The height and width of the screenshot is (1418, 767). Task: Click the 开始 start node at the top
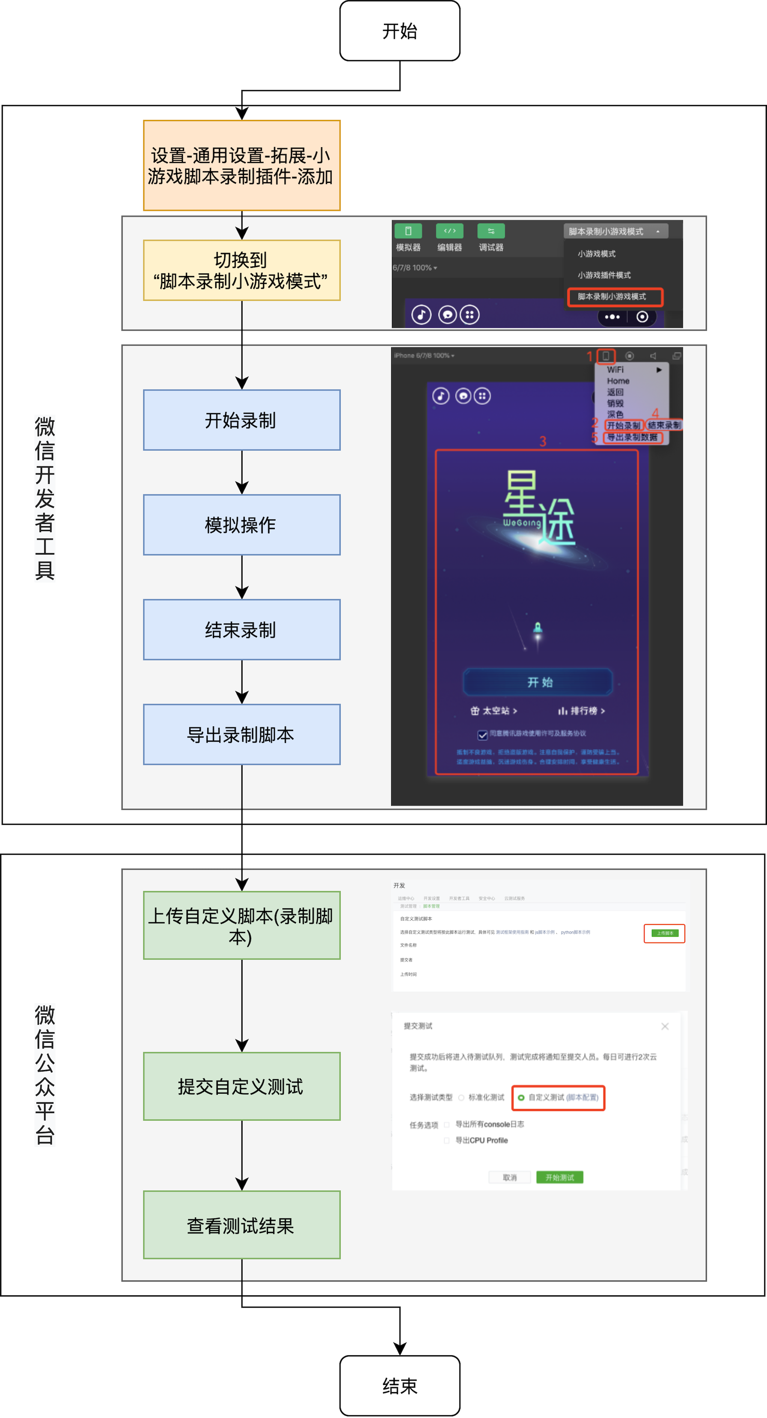coord(400,31)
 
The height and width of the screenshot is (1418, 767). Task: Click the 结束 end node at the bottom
coord(400,1385)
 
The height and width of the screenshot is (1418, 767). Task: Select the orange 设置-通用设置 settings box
coord(242,165)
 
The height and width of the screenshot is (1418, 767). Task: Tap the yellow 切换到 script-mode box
coord(242,270)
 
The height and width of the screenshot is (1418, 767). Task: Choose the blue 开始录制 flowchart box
coord(242,420)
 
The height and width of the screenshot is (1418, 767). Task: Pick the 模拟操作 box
coord(242,524)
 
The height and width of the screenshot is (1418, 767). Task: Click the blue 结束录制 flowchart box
coord(242,629)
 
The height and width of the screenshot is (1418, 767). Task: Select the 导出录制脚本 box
coord(242,734)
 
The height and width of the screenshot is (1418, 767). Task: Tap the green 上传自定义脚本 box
coord(242,925)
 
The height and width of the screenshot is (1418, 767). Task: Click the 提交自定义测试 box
coord(242,1086)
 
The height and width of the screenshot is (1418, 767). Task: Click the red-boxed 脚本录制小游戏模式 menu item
coord(615,297)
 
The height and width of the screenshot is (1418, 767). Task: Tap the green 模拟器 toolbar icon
coord(408,231)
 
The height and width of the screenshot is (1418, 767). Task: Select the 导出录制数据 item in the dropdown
coord(633,438)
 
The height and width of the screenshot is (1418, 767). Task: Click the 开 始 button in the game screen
coord(538,682)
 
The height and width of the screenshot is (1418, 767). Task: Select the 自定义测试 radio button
coord(521,1098)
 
